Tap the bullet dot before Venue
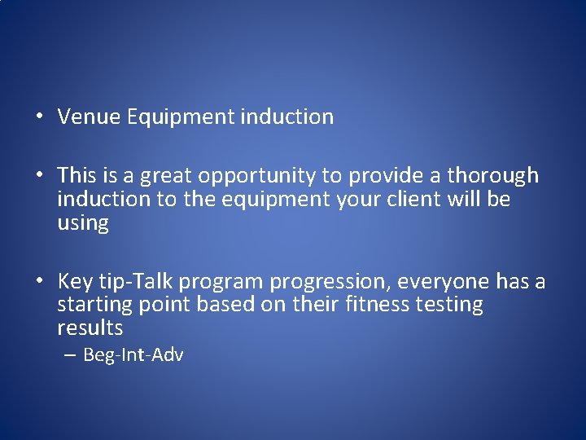coord(39,117)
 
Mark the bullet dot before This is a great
coord(39,175)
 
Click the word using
coord(83,222)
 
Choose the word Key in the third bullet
coord(76,282)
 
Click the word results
coord(90,328)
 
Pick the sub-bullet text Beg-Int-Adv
coord(133,355)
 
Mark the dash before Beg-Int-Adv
coord(71,355)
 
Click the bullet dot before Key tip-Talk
coord(39,282)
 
